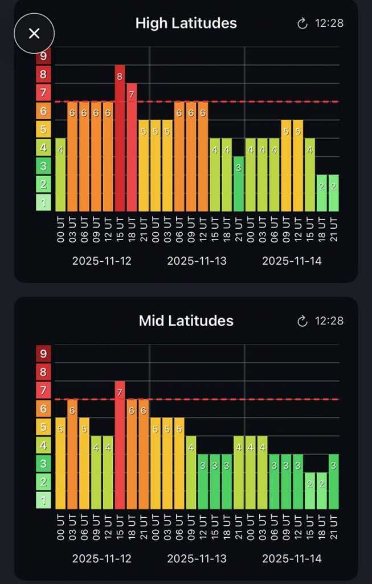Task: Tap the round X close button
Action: (x=34, y=33)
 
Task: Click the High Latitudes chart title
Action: (x=186, y=23)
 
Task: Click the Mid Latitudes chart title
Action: (x=186, y=321)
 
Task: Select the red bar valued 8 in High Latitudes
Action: (x=120, y=138)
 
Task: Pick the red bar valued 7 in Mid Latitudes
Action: (x=120, y=445)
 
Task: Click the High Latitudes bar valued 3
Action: (x=239, y=184)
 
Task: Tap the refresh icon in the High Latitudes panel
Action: (x=302, y=23)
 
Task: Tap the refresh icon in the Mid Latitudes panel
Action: (x=302, y=321)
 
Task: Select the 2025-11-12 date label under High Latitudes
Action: (x=102, y=261)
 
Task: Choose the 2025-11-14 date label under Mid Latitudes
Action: (x=292, y=558)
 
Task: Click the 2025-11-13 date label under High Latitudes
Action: (x=197, y=261)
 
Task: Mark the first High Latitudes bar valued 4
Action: (x=60, y=175)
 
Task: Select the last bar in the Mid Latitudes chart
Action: (x=333, y=481)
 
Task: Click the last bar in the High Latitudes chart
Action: (x=333, y=193)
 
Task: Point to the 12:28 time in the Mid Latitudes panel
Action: (x=329, y=321)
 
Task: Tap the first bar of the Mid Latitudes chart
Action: (x=60, y=463)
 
